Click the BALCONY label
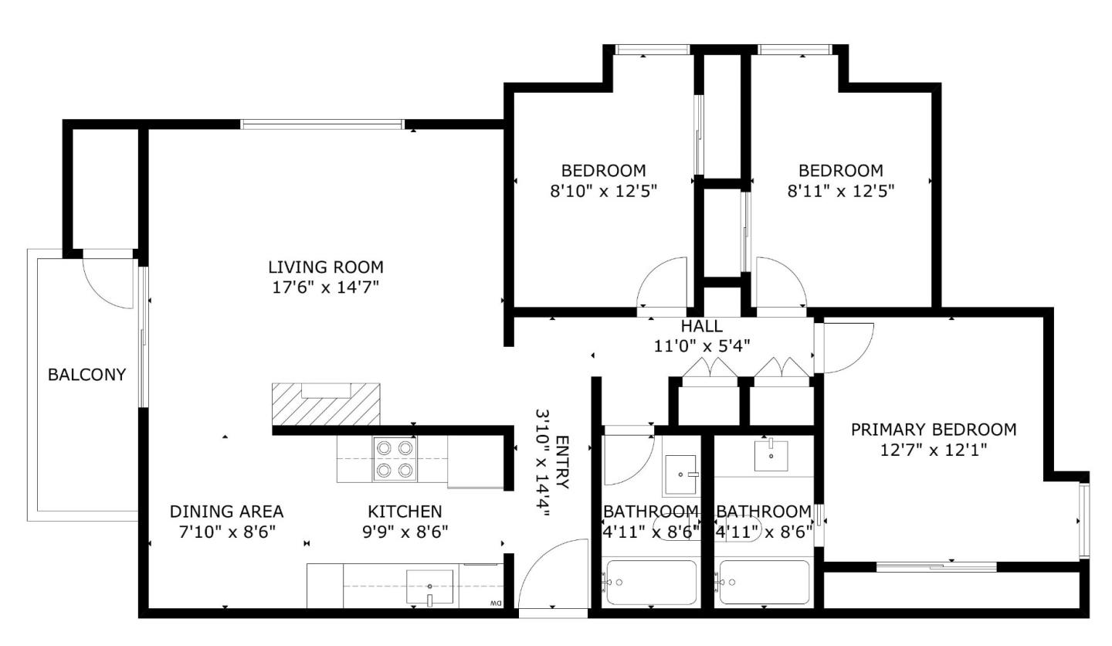point(86,375)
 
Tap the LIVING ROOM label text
point(325,267)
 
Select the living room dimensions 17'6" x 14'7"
point(325,287)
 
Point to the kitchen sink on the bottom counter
point(429,587)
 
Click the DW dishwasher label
point(496,603)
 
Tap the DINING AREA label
point(226,512)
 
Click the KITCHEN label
point(405,512)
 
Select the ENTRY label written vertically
point(561,462)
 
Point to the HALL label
point(701,326)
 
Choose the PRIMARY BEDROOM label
point(933,430)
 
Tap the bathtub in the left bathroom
point(651,582)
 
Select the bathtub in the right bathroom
point(764,582)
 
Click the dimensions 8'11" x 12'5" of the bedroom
point(840,191)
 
